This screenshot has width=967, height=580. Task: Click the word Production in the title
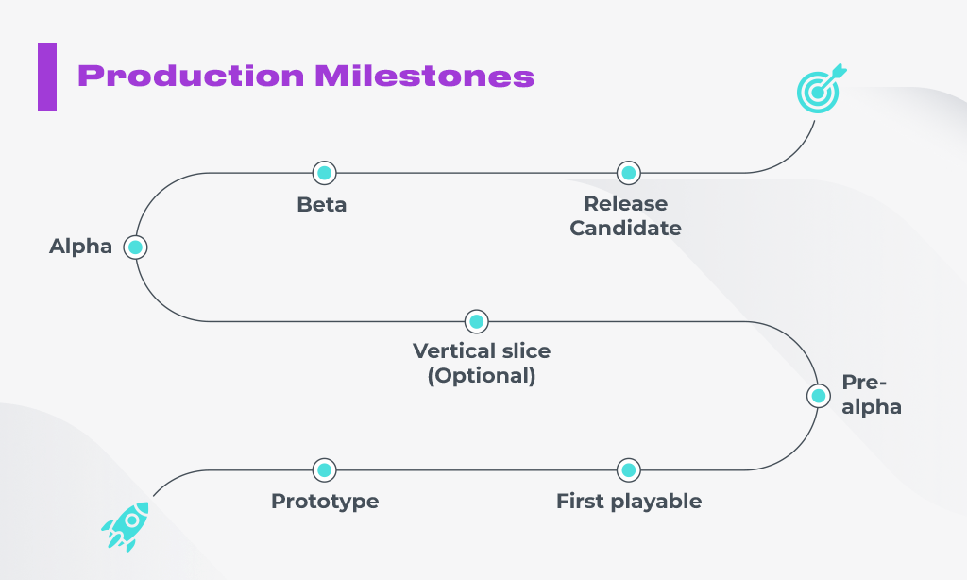click(x=191, y=77)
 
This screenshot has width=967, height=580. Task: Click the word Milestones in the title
click(x=424, y=76)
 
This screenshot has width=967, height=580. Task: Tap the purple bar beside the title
click(x=47, y=77)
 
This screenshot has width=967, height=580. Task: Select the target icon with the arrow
click(x=821, y=88)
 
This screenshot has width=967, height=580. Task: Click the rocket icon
click(x=127, y=526)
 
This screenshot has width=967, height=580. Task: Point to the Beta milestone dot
click(x=325, y=173)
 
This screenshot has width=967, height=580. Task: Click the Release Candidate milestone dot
click(x=628, y=173)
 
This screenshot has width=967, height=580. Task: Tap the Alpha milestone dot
click(x=135, y=247)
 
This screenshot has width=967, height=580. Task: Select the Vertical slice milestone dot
click(x=476, y=321)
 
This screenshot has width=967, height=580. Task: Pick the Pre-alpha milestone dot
click(x=819, y=396)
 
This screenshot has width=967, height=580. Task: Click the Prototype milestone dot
click(x=325, y=470)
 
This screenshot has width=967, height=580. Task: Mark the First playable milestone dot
click(x=628, y=470)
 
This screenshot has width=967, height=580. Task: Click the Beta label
click(x=321, y=204)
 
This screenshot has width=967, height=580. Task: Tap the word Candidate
click(x=625, y=229)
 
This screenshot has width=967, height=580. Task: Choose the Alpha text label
click(x=81, y=247)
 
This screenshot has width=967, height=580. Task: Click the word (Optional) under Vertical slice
click(x=482, y=376)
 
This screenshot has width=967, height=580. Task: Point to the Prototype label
click(x=325, y=502)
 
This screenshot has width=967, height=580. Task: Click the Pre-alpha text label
click(x=872, y=395)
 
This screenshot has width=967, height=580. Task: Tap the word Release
click(x=625, y=204)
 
